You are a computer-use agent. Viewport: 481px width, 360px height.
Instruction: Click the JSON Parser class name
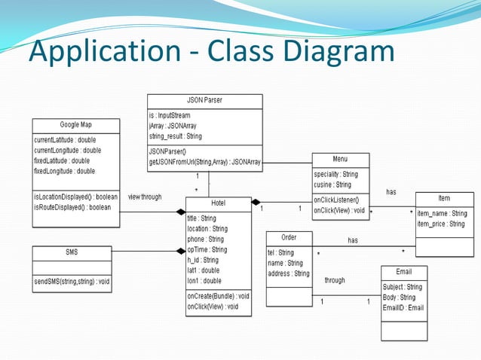pos(204,100)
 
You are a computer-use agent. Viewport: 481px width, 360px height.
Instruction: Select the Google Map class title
pos(75,124)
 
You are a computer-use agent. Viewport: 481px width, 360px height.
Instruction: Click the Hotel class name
pos(219,203)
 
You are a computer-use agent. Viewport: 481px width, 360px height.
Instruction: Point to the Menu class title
pos(340,160)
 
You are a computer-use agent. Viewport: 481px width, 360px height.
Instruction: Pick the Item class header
pos(444,198)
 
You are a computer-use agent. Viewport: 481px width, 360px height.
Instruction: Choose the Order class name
pos(288,237)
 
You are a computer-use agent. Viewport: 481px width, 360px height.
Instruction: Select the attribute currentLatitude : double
pos(65,140)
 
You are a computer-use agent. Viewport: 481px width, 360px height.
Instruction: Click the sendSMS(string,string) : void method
pos(72,282)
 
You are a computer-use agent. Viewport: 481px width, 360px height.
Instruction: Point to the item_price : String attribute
pos(441,224)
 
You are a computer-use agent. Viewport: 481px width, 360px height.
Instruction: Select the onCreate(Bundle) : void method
pos(218,296)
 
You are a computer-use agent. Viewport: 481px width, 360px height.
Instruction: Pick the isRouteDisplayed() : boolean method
pos(72,207)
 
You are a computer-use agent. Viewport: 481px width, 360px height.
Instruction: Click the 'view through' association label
pos(145,197)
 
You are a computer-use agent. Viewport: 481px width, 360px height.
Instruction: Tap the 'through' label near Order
pos(335,280)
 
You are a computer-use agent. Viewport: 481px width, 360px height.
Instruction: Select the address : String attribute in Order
pos(289,273)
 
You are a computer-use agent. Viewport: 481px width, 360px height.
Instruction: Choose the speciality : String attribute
pos(336,174)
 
